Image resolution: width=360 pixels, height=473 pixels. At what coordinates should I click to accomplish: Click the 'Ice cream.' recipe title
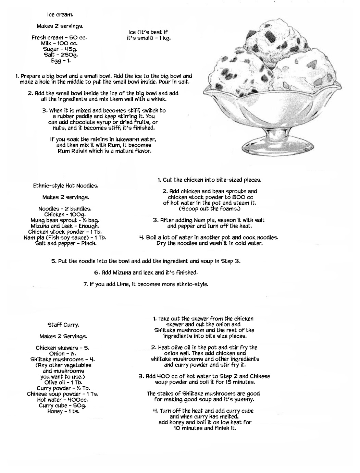(60, 15)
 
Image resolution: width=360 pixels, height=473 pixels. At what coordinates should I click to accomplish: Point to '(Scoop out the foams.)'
(210, 209)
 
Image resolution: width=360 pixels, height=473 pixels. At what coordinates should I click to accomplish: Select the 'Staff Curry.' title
(63, 325)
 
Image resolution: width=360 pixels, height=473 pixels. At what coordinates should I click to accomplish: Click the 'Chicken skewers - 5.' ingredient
(63, 348)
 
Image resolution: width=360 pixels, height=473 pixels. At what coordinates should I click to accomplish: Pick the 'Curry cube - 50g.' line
(63, 406)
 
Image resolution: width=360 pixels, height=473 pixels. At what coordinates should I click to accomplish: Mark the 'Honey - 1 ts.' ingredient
(63, 412)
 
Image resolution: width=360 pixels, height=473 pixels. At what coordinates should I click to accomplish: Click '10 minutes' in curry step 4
(187, 428)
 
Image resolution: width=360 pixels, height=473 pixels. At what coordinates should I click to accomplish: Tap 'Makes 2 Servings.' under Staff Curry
(63, 336)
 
